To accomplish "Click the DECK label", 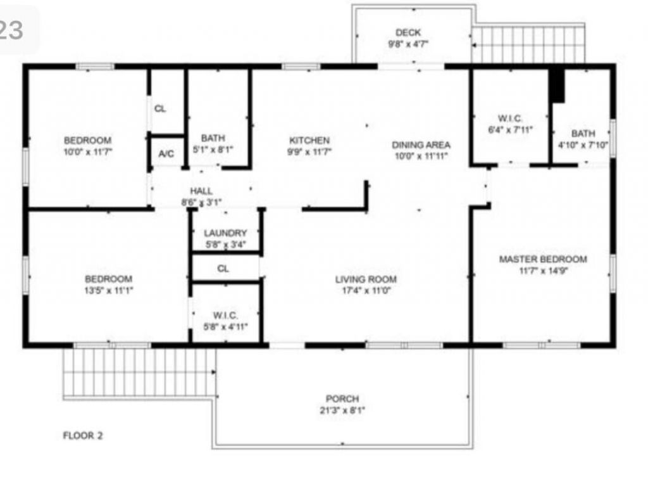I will pos(408,33).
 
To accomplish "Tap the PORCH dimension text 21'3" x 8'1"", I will pos(342,410).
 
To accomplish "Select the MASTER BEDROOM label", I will pos(542,259).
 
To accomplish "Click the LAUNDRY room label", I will pos(225,233).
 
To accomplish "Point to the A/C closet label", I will pos(166,154).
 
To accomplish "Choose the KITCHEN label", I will pos(309,140).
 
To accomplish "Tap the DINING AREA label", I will pos(421,144).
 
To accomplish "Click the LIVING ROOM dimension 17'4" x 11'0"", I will pos(366,291).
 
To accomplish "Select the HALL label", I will pos(201,191).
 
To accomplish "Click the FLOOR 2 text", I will pos(83,435).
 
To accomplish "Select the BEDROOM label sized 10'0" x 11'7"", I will pos(87,140).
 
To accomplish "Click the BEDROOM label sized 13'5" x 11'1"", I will pos(109,279).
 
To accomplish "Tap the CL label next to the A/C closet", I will pos(160,108).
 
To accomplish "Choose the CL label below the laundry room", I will pos(223,269).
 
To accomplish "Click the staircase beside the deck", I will pos(528,44).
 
